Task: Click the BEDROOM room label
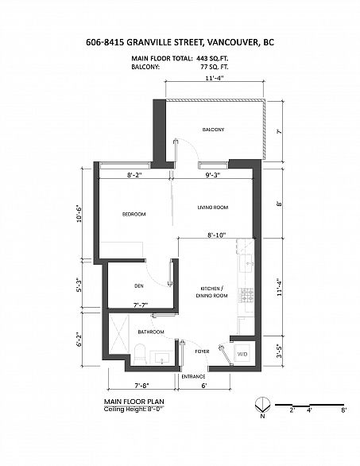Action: pyautogui.click(x=132, y=214)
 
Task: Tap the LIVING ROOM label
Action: pyautogui.click(x=213, y=208)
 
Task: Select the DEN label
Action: pyautogui.click(x=137, y=286)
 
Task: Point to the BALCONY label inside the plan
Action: pyautogui.click(x=212, y=130)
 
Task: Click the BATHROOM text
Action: pyautogui.click(x=151, y=332)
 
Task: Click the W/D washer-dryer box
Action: pyautogui.click(x=242, y=354)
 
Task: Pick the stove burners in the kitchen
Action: pyautogui.click(x=246, y=295)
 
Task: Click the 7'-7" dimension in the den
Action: pyautogui.click(x=141, y=304)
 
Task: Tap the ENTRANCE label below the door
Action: pyautogui.click(x=194, y=376)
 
